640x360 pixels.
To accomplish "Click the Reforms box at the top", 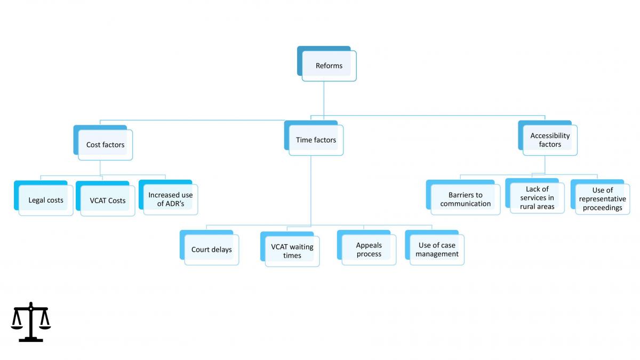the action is (327, 63).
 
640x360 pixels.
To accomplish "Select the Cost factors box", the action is (103, 142).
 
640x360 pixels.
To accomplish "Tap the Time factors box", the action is (314, 138).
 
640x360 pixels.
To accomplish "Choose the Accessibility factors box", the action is (548, 138).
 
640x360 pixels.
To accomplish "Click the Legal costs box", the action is (44, 198).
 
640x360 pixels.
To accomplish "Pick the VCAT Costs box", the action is (106, 198).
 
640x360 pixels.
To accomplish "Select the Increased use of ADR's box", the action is (169, 197).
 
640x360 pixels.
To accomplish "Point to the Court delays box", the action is (210, 247).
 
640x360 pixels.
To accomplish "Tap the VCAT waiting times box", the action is (290, 249).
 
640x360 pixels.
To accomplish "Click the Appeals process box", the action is (367, 247).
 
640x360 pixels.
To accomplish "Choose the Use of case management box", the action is (435, 247).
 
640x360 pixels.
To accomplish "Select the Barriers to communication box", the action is (463, 197).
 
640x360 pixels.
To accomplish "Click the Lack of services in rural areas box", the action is (535, 196).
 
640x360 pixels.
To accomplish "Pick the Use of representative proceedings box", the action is (601, 197).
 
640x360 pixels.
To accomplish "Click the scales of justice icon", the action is (31, 322).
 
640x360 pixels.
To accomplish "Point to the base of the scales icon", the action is (31, 340).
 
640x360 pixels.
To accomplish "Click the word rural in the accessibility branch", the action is (526, 206).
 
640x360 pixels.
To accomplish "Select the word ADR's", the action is (175, 204).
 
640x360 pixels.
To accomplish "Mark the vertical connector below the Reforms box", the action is (324, 99).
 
